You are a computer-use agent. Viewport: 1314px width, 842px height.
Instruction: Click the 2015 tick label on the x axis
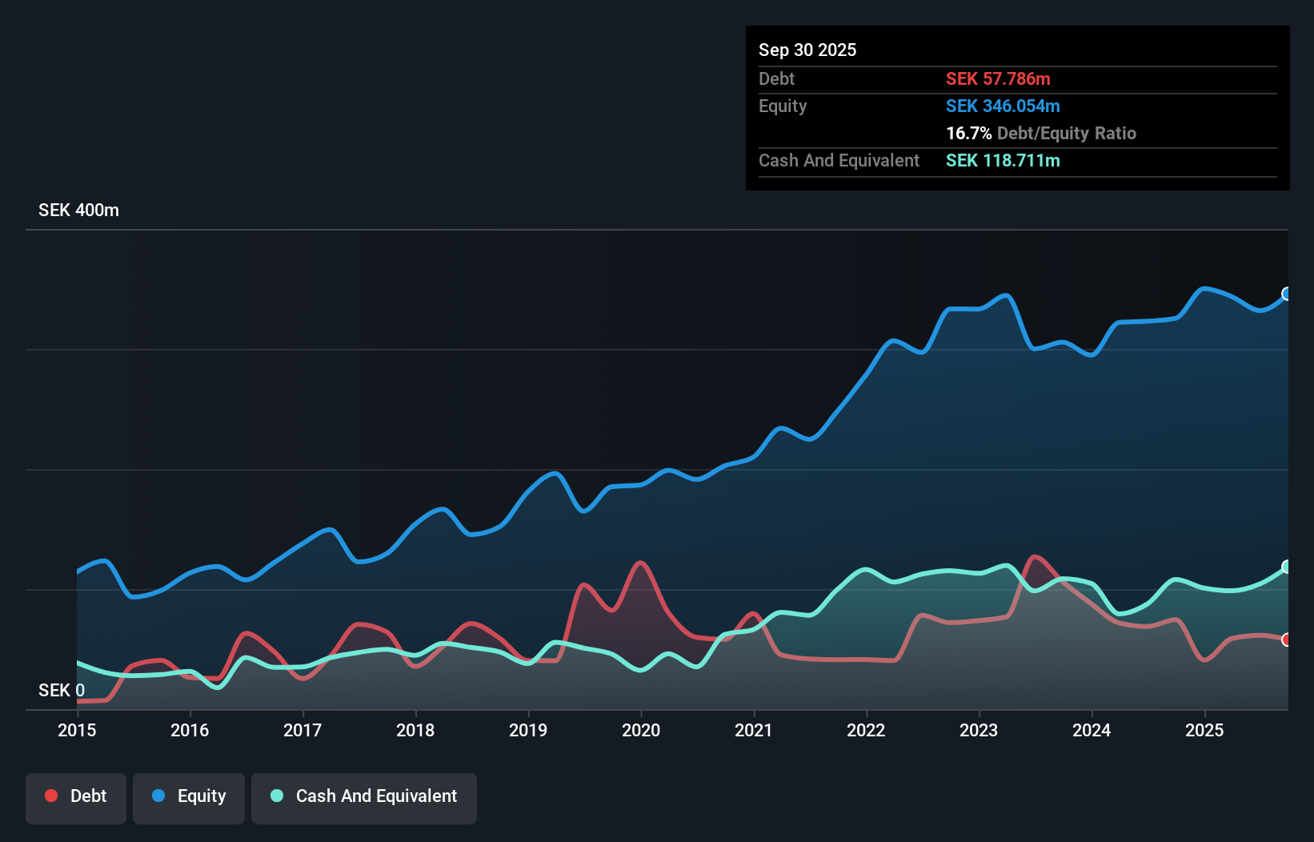pyautogui.click(x=77, y=730)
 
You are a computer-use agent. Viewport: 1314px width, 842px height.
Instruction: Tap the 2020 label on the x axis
pyautogui.click(x=641, y=730)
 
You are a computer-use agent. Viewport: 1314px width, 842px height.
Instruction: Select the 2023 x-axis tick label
pyautogui.click(x=979, y=730)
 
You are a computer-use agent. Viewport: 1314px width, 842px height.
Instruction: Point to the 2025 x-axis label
pyautogui.click(x=1204, y=730)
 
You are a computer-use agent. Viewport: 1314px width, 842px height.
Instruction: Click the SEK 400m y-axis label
pyautogui.click(x=78, y=210)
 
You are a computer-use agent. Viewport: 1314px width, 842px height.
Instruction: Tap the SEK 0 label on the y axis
pyautogui.click(x=62, y=690)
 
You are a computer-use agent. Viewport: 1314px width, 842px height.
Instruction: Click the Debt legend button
pyautogui.click(x=76, y=796)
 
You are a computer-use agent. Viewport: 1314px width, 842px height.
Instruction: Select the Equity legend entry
pyautogui.click(x=189, y=796)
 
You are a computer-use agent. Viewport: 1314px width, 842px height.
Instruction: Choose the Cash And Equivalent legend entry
pyautogui.click(x=364, y=796)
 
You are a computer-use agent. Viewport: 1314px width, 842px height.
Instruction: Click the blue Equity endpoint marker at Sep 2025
pyautogui.click(x=1287, y=294)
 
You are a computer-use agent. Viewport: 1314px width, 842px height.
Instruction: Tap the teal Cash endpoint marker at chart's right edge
pyautogui.click(x=1287, y=567)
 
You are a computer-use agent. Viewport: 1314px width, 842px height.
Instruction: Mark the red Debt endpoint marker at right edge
pyautogui.click(x=1287, y=640)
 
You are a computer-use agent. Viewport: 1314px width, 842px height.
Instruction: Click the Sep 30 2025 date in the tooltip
pyautogui.click(x=807, y=50)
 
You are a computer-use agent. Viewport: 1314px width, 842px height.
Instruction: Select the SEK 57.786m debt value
pyautogui.click(x=998, y=79)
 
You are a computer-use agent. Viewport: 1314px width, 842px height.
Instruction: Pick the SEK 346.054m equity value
pyautogui.click(x=1003, y=106)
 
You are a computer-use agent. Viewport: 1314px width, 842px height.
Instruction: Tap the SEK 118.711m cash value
pyautogui.click(x=1003, y=161)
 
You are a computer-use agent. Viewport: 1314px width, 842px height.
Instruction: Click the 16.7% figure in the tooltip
pyautogui.click(x=968, y=134)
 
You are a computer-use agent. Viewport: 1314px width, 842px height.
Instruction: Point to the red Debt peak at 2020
pyautogui.click(x=639, y=563)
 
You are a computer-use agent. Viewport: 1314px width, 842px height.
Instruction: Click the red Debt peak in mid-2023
pyautogui.click(x=1036, y=557)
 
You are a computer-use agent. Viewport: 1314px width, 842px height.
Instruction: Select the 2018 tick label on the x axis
pyautogui.click(x=415, y=730)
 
